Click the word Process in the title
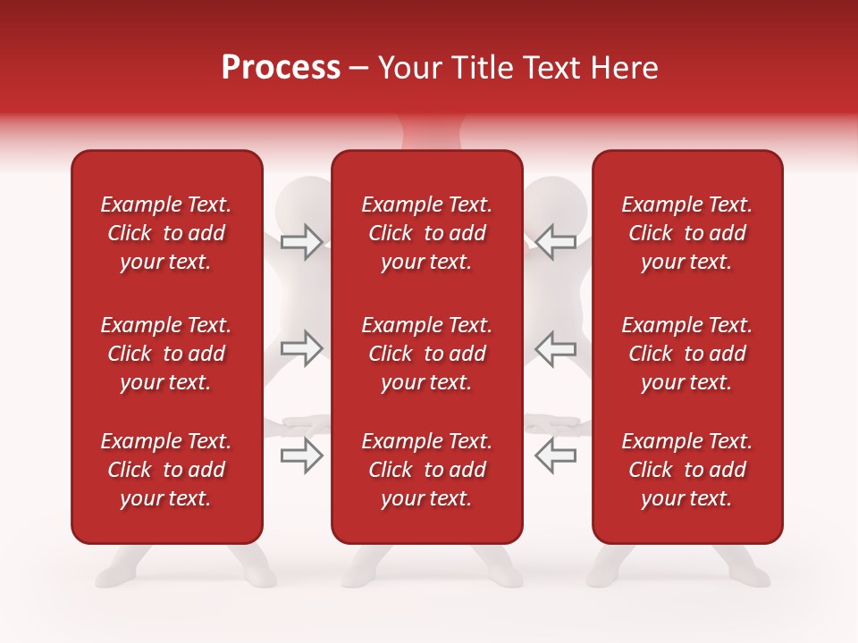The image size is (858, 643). [281, 68]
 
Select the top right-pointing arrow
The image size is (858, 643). [301, 242]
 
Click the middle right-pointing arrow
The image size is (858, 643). [301, 348]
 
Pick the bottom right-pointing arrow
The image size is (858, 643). [301, 455]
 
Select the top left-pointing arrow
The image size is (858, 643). [556, 242]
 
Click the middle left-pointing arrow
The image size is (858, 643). [556, 348]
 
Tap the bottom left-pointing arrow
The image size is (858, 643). [556, 455]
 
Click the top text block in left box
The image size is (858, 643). [166, 233]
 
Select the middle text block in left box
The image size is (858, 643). [166, 354]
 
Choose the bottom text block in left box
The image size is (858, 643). [166, 470]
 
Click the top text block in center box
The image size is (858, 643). [426, 233]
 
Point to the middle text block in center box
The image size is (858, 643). [426, 354]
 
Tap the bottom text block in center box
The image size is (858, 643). [426, 470]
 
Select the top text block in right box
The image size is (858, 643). [687, 233]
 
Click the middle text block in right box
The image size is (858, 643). [687, 354]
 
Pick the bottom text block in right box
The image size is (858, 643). [687, 470]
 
